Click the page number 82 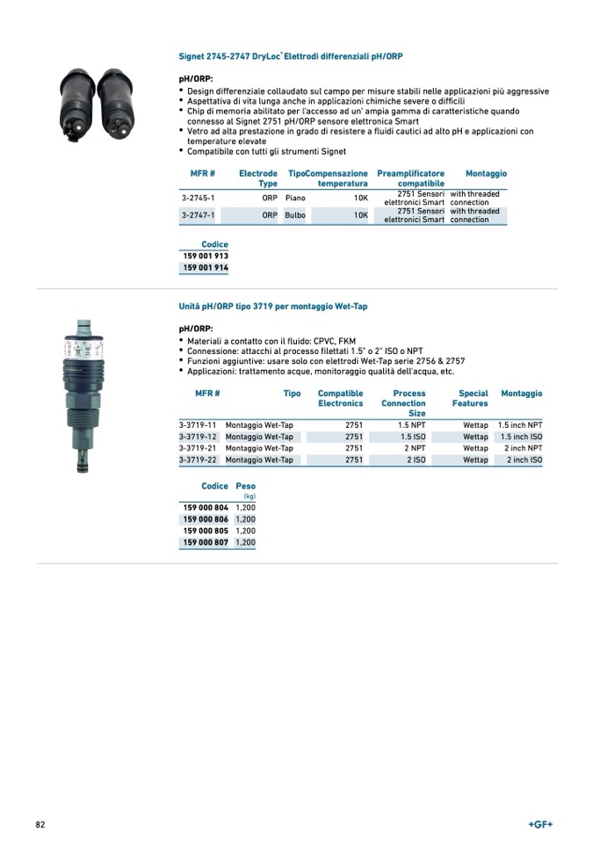coord(40,824)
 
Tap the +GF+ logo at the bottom coord(540,824)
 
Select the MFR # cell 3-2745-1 coord(198,199)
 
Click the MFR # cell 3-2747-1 coord(198,215)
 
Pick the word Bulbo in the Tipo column coord(295,215)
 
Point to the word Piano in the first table coord(295,199)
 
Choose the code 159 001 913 coord(206,256)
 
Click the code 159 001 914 coord(206,267)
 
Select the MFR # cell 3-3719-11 coord(198,425)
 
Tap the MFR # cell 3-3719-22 coord(198,460)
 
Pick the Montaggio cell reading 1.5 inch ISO coord(522,437)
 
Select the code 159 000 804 coord(206,508)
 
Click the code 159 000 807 coord(206,543)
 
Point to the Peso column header coord(245,486)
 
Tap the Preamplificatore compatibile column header coord(410,178)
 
